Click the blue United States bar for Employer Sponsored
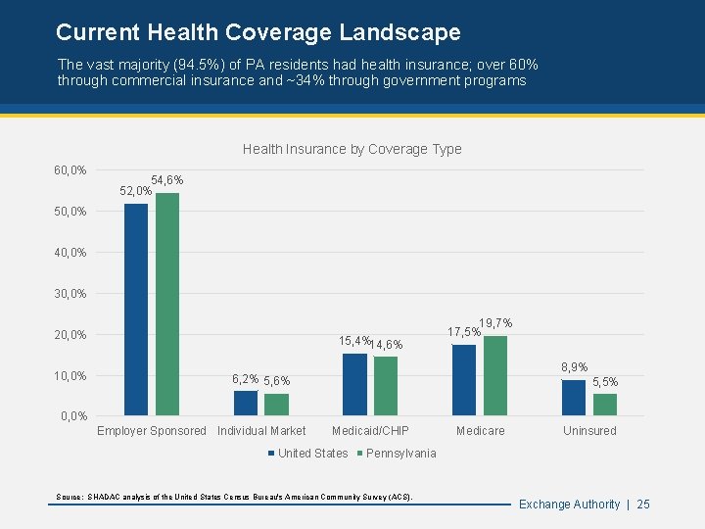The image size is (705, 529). [x=136, y=309]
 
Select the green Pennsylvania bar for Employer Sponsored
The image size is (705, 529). [x=167, y=304]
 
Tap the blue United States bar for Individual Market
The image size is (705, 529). [x=246, y=403]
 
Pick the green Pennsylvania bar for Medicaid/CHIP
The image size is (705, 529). [x=386, y=386]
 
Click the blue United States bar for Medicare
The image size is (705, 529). [x=464, y=380]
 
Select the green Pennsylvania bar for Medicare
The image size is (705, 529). [x=495, y=375]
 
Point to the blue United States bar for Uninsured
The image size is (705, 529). [x=574, y=398]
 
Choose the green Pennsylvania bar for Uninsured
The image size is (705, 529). [x=605, y=405]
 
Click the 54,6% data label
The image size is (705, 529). [x=167, y=180]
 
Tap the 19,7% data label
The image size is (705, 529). [x=495, y=323]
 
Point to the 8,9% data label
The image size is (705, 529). [x=574, y=367]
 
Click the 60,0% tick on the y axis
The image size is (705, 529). [x=70, y=170]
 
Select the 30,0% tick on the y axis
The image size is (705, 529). [x=70, y=294]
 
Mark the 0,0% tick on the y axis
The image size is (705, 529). [x=73, y=416]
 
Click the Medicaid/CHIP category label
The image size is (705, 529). [x=370, y=431]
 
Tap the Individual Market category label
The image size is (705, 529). [x=261, y=431]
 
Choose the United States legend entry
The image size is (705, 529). [x=308, y=453]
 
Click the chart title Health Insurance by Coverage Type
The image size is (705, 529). [x=352, y=149]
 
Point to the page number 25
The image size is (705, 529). [x=643, y=504]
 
